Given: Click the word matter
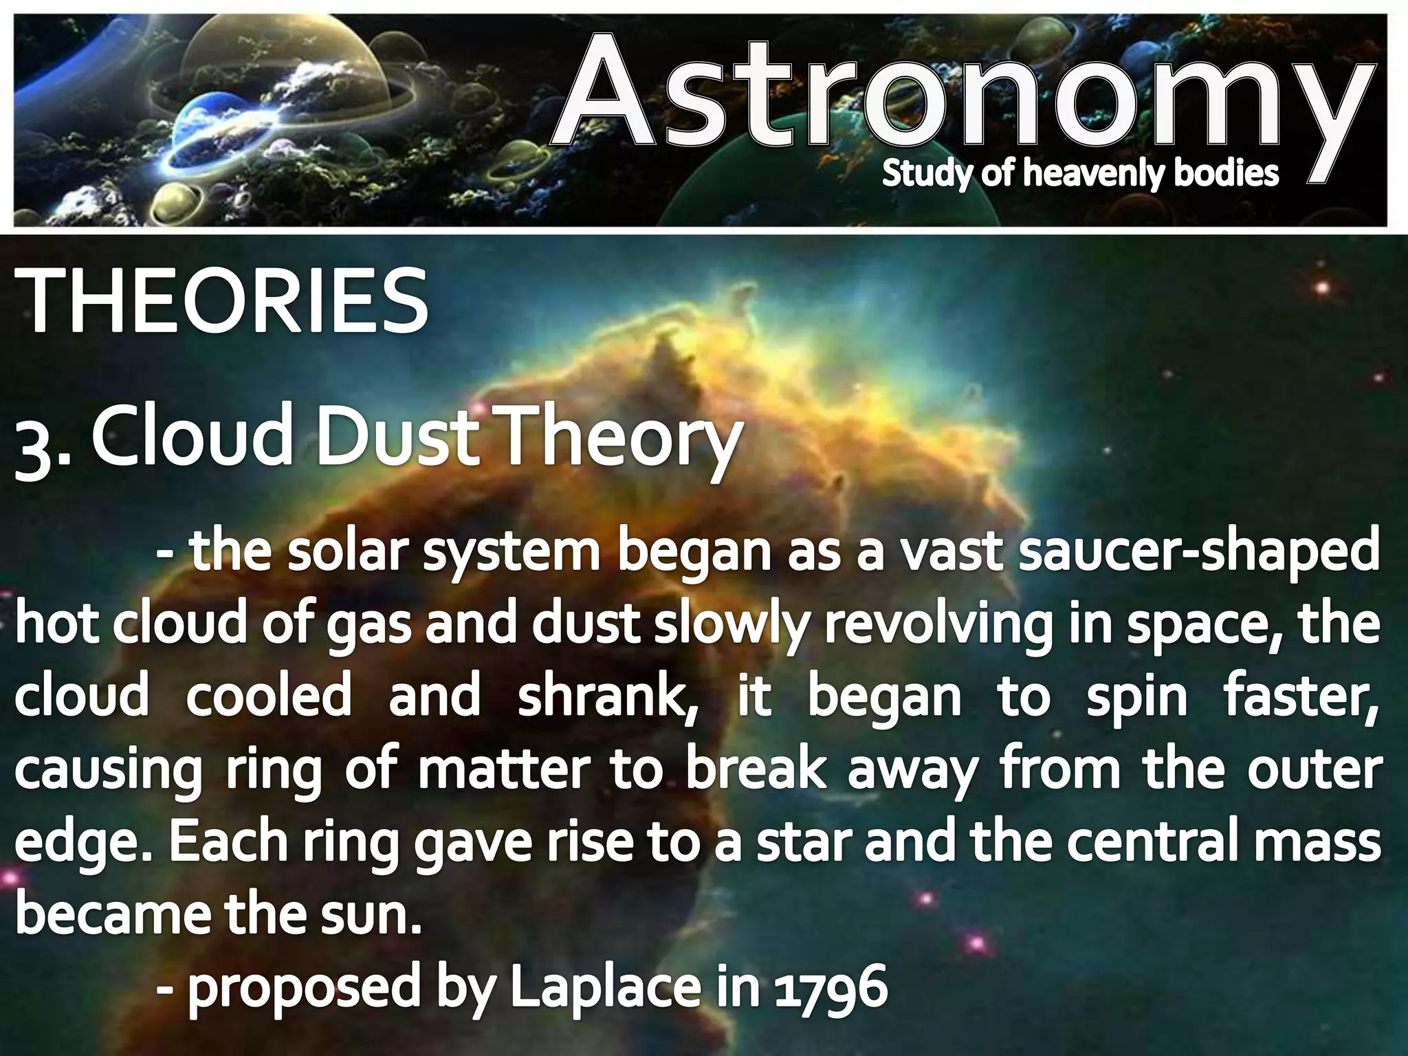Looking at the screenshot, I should coord(505,769).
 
